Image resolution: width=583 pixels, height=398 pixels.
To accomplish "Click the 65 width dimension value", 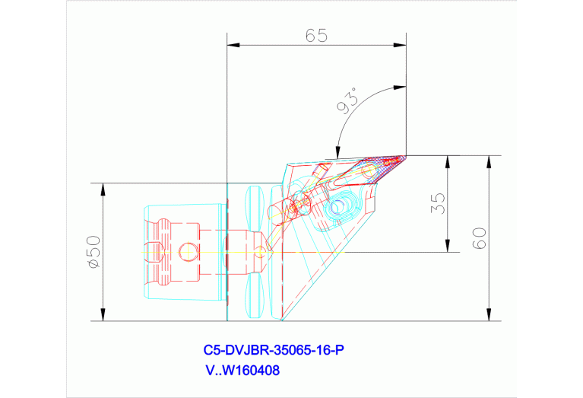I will coord(317,37).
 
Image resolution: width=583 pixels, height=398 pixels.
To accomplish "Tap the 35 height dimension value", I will coord(436,203).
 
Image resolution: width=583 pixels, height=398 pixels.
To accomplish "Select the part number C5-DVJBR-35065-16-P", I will coord(274,351).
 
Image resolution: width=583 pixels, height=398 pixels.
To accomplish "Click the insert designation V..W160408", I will coord(243,372).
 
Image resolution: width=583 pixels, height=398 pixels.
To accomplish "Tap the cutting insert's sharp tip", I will coord(404,156).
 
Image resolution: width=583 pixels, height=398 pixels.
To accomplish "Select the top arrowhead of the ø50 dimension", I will coord(102,188).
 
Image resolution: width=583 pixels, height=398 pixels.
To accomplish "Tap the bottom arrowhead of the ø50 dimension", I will coord(102,316).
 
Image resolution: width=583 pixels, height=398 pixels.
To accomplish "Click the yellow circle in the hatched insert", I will coord(369,172).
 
